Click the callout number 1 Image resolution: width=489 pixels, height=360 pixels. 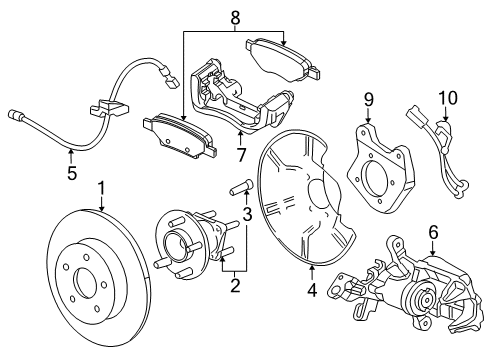click(101, 188)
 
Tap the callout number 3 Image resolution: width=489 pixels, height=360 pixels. click(246, 214)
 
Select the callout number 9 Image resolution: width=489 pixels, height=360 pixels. click(367, 100)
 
